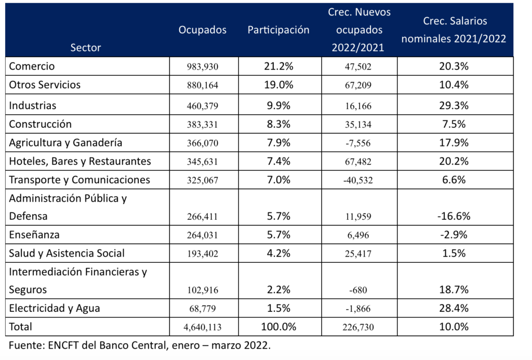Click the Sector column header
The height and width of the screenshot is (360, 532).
point(86,47)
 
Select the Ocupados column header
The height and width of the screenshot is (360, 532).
point(203,30)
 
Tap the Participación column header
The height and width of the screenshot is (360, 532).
point(278,30)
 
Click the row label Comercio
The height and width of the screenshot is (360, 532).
point(32,66)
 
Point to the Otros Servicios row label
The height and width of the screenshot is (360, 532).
point(45,85)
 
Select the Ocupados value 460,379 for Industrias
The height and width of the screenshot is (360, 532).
point(203,106)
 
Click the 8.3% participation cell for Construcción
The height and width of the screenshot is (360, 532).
point(278,124)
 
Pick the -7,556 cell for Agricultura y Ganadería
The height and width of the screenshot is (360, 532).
point(358,143)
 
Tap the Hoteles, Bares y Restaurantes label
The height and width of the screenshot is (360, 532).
point(80,161)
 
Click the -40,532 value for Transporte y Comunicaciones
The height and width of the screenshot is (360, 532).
point(358,180)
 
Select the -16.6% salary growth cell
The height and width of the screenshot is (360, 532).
point(454,216)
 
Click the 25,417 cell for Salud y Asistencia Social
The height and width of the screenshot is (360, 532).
point(358,254)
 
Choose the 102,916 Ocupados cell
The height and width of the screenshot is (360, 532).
point(203,290)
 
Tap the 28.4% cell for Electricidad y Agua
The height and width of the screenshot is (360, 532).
point(454,308)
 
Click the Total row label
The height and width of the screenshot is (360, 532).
point(20,327)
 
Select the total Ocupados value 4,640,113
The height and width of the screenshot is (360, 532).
point(203,327)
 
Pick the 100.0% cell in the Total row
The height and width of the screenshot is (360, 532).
point(278,327)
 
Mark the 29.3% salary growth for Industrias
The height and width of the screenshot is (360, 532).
point(454,105)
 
